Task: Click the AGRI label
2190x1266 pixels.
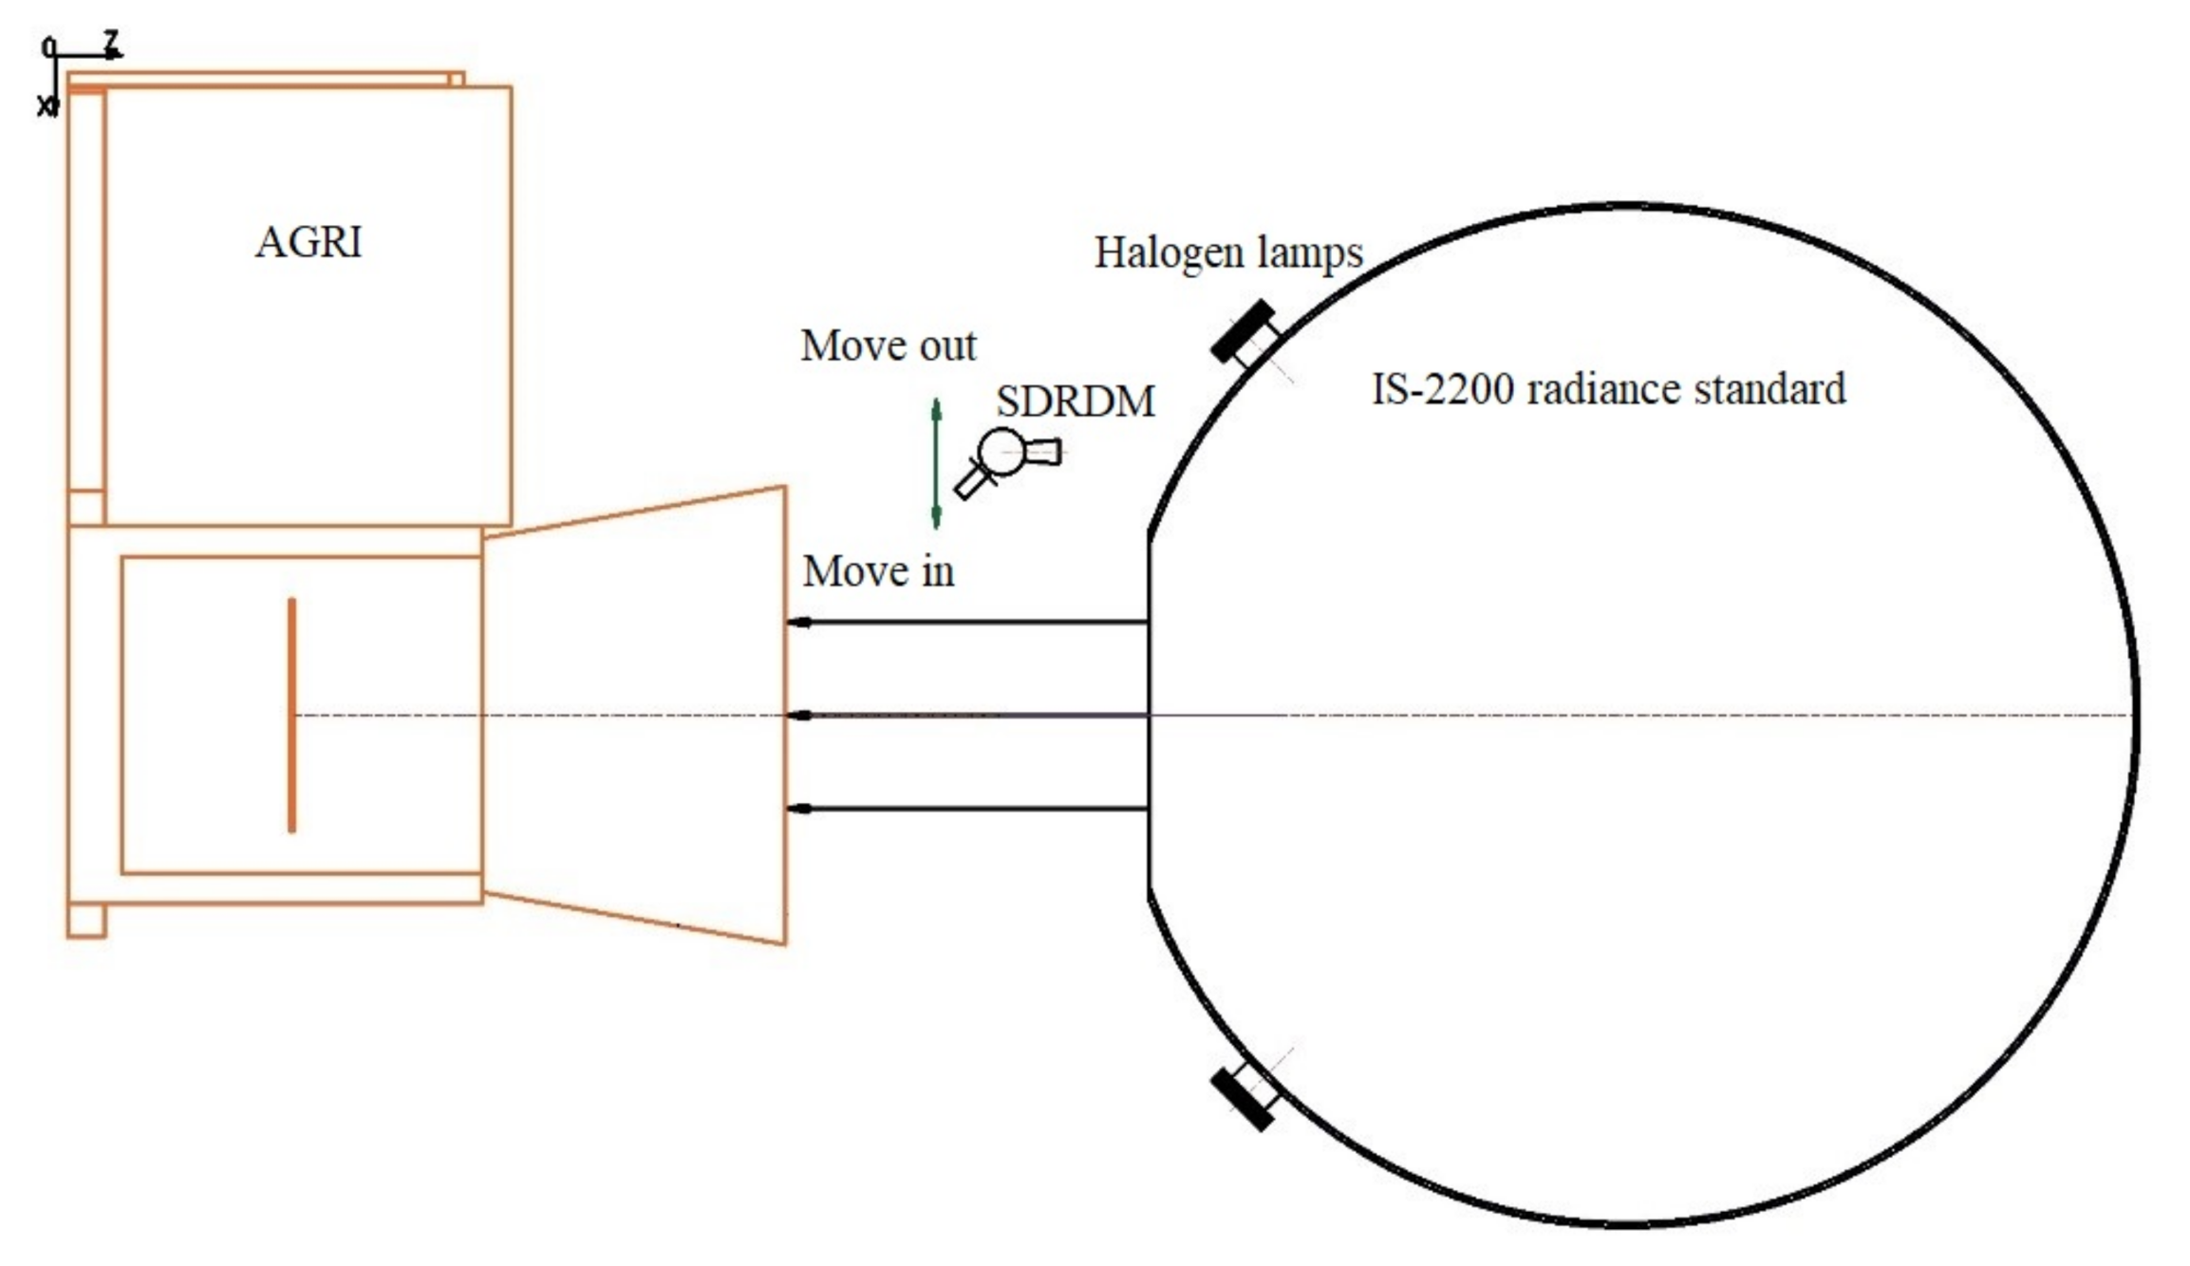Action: pos(309,242)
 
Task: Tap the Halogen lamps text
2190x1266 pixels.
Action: pos(1227,253)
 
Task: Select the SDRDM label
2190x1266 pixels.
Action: pos(1075,402)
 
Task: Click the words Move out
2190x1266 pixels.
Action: pos(888,345)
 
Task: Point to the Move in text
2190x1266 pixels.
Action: pos(878,571)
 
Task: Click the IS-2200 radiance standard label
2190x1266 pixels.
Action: pos(1608,389)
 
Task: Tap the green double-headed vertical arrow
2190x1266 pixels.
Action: pos(936,463)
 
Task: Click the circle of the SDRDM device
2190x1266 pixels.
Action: pos(1002,452)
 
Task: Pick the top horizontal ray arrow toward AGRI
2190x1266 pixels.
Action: pos(968,623)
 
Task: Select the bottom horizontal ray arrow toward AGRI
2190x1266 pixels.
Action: pos(968,809)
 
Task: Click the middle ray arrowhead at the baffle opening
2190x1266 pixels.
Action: pos(800,716)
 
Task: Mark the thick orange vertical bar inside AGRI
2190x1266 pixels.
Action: pos(291,716)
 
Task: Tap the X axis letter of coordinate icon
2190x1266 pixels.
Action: pos(45,106)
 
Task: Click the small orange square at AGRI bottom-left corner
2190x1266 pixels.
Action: pos(86,921)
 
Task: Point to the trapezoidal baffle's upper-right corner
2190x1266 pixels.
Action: pos(784,489)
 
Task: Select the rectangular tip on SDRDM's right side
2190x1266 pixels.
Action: pos(1043,452)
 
